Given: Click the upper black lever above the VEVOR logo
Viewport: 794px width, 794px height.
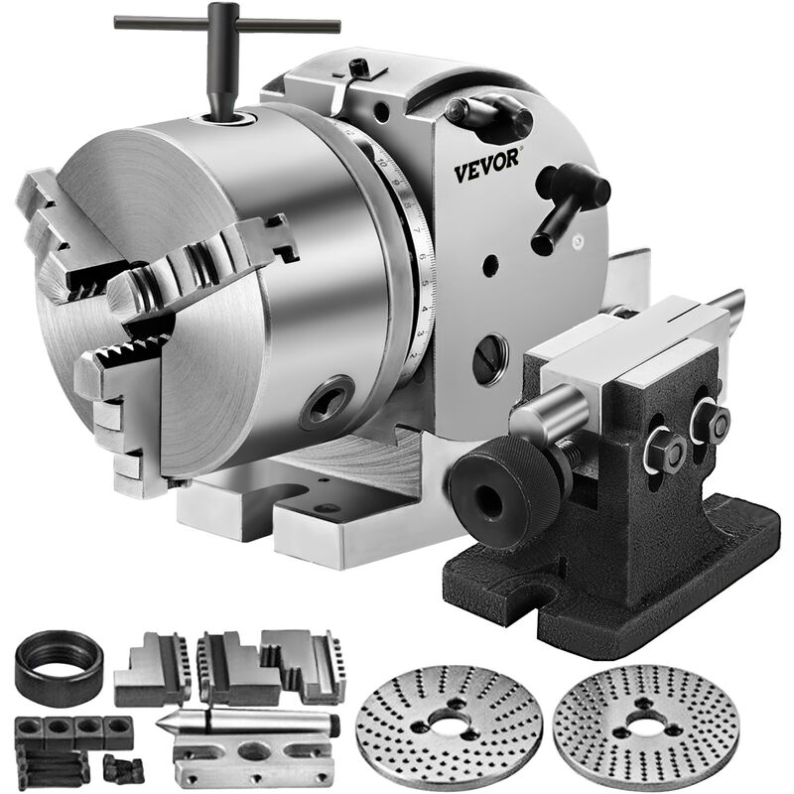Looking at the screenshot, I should tap(490, 116).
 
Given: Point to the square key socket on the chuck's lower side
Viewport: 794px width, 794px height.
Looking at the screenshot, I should tap(329, 400).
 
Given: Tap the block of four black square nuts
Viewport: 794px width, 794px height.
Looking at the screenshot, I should tap(73, 733).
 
